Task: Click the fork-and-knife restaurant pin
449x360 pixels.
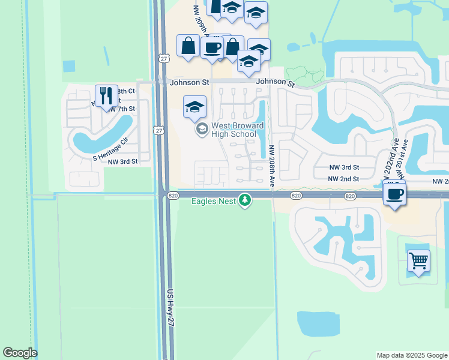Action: coord(106,95)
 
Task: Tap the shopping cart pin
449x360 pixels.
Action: coord(418,261)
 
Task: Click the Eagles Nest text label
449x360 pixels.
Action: coord(214,201)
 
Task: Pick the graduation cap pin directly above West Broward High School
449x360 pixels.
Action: coord(194,107)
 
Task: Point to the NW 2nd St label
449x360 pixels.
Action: coord(343,179)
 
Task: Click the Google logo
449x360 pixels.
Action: coord(20,353)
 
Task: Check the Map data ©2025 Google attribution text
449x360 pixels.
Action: coord(412,355)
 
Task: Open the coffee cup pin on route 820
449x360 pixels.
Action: coord(394,194)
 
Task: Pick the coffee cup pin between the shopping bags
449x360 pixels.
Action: coord(212,47)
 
